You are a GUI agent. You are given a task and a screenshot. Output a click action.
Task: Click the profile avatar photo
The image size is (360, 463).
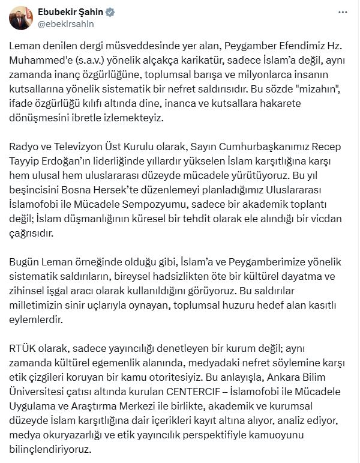[x=21, y=19]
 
